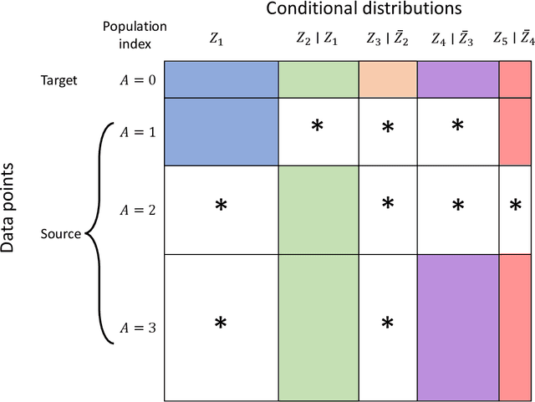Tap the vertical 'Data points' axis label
[9, 206]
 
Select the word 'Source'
[62, 234]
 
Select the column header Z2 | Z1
[318, 38]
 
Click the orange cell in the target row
[387, 79]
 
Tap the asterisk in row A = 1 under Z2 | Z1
[318, 127]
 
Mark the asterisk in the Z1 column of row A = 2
[221, 206]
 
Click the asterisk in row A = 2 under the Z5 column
[515, 206]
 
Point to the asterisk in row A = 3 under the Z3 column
[387, 323]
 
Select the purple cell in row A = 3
[456, 327]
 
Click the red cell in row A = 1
[516, 131]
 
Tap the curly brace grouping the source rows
[94, 234]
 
